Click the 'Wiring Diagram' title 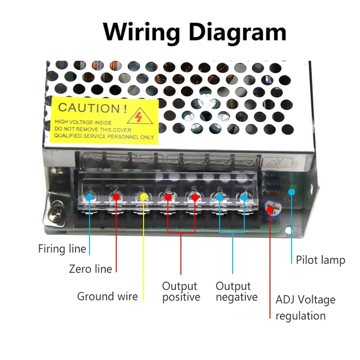[194, 32]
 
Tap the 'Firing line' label [62, 248]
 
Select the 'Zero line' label [90, 269]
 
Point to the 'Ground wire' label [108, 296]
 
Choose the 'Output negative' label [237, 292]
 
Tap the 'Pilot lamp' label [320, 260]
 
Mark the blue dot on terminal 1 [90, 197]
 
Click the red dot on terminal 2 [116, 197]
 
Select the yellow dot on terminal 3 [144, 197]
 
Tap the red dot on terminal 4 [168, 197]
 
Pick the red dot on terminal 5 [195, 197]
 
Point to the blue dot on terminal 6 [220, 197]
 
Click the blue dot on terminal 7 [244, 197]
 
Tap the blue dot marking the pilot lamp [292, 192]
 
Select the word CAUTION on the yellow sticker [90, 108]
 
